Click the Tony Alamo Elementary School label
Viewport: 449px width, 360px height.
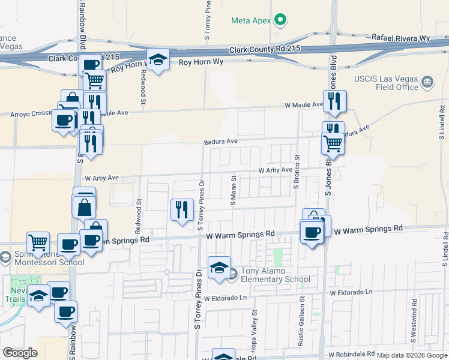(276, 275)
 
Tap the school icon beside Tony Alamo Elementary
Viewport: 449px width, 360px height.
(219, 268)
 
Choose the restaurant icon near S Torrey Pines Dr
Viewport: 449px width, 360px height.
(182, 209)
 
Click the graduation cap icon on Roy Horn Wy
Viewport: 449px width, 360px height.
(158, 59)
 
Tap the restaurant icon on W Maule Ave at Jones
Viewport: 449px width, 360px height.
(333, 101)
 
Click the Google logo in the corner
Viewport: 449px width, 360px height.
(20, 353)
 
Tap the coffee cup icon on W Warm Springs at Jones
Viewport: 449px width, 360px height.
(311, 232)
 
